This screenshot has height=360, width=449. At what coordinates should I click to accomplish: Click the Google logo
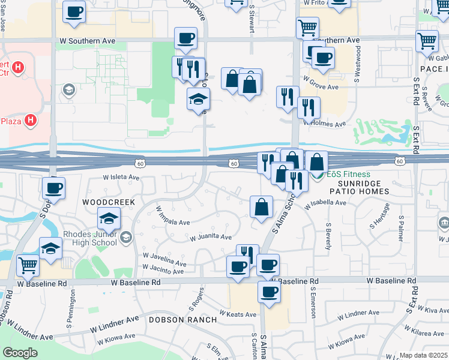coord(20,353)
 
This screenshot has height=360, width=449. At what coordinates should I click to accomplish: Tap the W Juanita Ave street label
coord(211,238)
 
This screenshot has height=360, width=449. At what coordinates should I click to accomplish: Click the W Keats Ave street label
coord(238,314)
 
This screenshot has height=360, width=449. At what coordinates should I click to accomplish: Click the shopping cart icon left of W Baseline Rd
coord(28,265)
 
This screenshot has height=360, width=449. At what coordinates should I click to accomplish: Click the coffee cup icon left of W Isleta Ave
coord(53,188)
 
